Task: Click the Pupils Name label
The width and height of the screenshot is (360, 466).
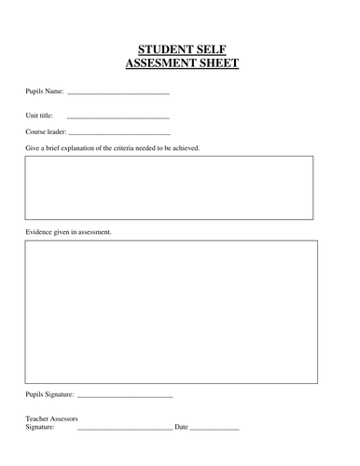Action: click(44, 91)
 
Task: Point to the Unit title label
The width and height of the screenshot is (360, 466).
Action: click(39, 116)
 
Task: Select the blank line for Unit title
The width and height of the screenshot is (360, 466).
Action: click(118, 117)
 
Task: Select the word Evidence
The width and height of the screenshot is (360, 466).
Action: click(40, 231)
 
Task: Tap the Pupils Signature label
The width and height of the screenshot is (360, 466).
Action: click(49, 394)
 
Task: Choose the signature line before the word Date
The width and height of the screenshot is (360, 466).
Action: click(124, 428)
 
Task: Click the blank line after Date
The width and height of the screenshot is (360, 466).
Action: click(215, 428)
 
